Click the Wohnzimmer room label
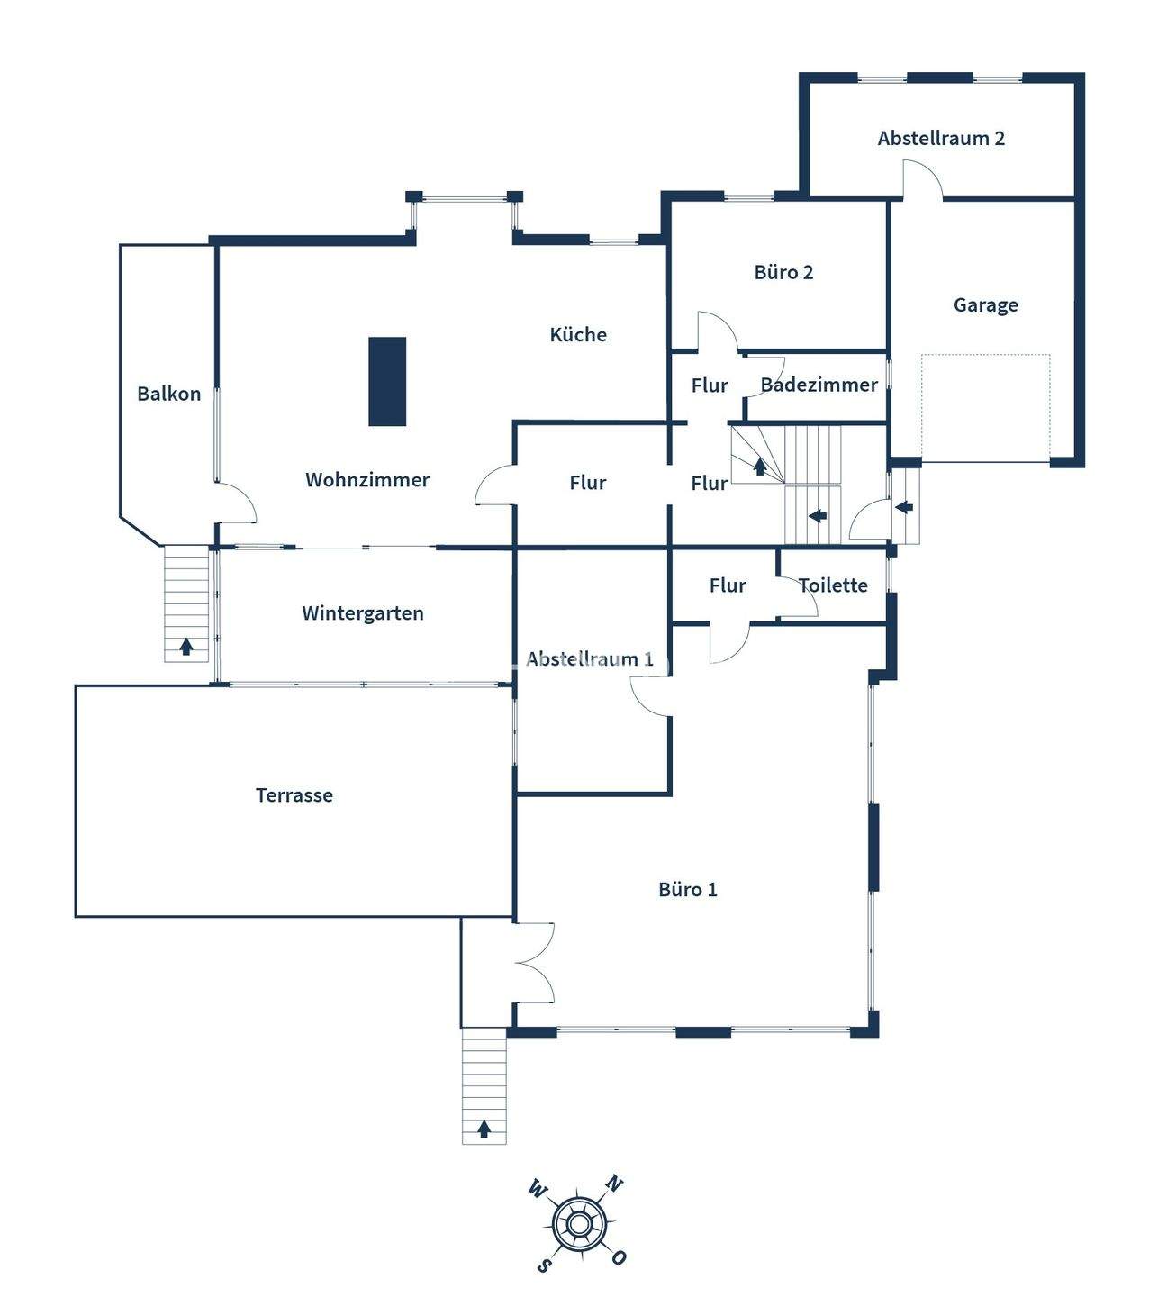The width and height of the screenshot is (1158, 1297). pos(366,480)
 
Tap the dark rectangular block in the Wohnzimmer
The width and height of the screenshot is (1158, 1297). pos(387,381)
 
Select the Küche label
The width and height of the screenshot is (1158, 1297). pos(578,335)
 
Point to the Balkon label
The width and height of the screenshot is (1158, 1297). pos(168,394)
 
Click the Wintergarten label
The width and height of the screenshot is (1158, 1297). pos(362,613)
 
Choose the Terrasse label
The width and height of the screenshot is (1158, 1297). pos(294,795)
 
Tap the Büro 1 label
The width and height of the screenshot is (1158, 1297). pos(688,890)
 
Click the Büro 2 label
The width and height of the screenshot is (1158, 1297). pos(783,272)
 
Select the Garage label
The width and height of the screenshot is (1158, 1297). pos(985,305)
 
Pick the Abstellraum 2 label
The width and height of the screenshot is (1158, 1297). pos(941,139)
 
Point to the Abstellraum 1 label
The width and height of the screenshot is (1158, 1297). pos(590,659)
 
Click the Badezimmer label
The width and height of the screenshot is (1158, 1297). pos(819,385)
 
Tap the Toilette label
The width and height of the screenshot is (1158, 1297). pos(833,585)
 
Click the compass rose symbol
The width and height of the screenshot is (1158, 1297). pos(578,1224)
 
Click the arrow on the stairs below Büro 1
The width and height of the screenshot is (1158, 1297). pos(484,1128)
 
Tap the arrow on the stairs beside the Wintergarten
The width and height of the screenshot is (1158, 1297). pos(186,646)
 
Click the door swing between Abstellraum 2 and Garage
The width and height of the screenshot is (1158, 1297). pos(922,179)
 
